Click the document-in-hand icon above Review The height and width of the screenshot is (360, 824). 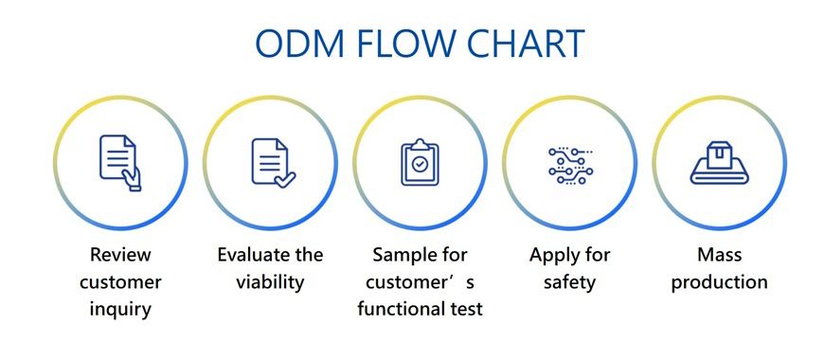pyautogui.click(x=120, y=162)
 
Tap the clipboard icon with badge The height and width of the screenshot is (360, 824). pyautogui.click(x=420, y=162)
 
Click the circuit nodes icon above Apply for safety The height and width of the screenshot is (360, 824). pyautogui.click(x=569, y=162)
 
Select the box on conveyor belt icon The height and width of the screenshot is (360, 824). pyautogui.click(x=719, y=162)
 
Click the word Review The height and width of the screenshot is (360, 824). pyautogui.click(x=120, y=255)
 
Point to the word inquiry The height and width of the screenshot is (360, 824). pyautogui.click(x=120, y=309)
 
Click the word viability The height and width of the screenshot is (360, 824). pyautogui.click(x=270, y=282)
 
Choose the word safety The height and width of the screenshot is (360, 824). pyautogui.click(x=569, y=282)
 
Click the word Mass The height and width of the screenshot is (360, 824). pyautogui.click(x=719, y=255)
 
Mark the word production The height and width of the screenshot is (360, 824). pyautogui.click(x=719, y=282)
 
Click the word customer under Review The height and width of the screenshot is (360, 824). pyautogui.click(x=120, y=282)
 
